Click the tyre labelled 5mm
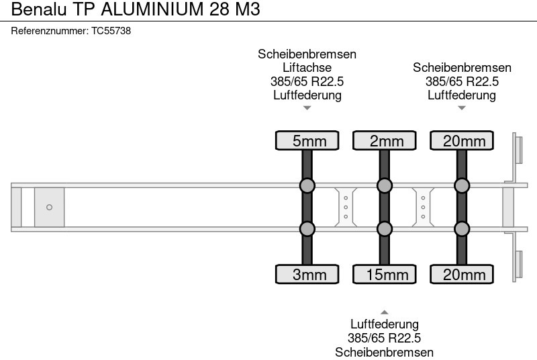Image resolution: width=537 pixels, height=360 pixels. point(307,140)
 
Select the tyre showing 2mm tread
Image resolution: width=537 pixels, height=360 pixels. point(385,140)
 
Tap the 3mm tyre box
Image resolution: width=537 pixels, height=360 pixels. point(307,274)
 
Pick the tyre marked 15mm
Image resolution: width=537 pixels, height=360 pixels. point(385,274)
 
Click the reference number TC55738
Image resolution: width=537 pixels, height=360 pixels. point(111,31)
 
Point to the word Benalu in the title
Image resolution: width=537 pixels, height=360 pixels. point(35,9)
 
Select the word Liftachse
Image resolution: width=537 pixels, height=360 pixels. point(307,68)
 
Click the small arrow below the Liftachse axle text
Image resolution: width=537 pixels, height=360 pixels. point(307,107)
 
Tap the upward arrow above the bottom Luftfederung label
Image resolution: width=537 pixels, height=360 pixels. point(385,312)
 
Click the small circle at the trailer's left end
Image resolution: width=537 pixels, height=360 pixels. point(49,207)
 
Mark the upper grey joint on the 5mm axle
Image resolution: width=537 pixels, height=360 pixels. point(307,185)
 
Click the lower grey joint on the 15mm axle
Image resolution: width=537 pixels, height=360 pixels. point(385,229)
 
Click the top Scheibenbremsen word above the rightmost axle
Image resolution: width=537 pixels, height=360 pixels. point(462,68)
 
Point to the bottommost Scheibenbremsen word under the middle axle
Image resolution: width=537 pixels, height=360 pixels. point(385,352)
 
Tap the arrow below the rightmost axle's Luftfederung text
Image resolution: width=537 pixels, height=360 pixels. point(462,107)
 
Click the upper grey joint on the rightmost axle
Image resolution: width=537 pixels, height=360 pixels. point(462,185)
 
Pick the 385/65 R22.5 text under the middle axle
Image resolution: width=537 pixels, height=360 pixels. point(385,339)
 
